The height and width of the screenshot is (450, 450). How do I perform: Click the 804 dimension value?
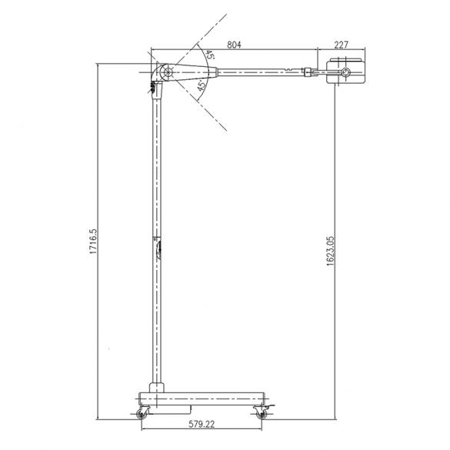[235, 45]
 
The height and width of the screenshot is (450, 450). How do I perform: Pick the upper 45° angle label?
[208, 56]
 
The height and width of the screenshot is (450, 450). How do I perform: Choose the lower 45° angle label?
[201, 86]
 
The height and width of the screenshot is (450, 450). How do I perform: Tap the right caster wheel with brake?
[262, 415]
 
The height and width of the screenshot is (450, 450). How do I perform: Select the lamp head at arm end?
[346, 72]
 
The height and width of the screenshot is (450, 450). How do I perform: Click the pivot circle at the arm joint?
[163, 73]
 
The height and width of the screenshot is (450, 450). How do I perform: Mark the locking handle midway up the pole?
[158, 248]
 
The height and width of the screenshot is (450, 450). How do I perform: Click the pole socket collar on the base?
[156, 387]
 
